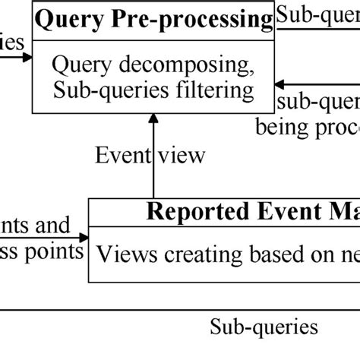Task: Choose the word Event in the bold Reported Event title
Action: click(x=269, y=211)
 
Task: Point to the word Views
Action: click(x=122, y=251)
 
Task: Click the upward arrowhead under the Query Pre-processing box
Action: click(x=153, y=118)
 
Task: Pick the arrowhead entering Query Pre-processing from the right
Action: click(x=281, y=86)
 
